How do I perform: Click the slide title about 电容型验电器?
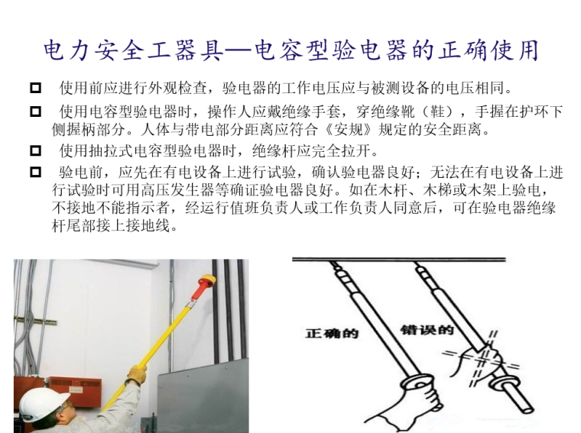tap(290, 50)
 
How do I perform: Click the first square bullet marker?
tap(36, 88)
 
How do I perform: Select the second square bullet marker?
tap(36, 111)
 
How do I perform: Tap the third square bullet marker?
tap(36, 150)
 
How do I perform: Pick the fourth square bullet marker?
tap(36, 172)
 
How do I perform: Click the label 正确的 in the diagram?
tap(332, 333)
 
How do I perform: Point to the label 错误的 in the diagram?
tap(427, 329)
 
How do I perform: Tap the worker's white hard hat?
tap(43, 403)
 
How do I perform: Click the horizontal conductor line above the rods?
tap(399, 260)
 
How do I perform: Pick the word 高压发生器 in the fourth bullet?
tap(178, 190)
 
